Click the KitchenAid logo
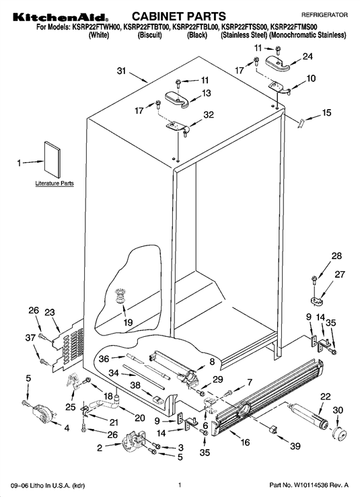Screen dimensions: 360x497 pyautogui.click(x=61, y=17)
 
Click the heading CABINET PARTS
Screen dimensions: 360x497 pyautogui.click(x=178, y=16)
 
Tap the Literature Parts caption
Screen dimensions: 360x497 pyautogui.click(x=55, y=183)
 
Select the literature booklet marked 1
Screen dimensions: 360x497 pyautogui.click(x=52, y=159)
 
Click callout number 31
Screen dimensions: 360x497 pyautogui.click(x=122, y=71)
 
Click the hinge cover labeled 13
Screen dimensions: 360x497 pyautogui.click(x=177, y=98)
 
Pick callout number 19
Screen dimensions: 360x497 pyautogui.click(x=128, y=322)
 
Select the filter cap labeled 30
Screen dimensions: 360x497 pyautogui.click(x=339, y=433)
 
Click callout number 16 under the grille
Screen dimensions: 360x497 pyautogui.click(x=245, y=442)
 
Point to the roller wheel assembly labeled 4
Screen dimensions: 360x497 pyautogui.click(x=42, y=414)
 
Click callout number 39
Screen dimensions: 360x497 pyautogui.click(x=295, y=446)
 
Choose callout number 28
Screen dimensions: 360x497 pyautogui.click(x=336, y=256)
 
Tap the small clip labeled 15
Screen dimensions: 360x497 pyautogui.click(x=300, y=122)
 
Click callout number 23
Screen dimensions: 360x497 pyautogui.click(x=50, y=312)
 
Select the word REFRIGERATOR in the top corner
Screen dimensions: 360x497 pyautogui.click(x=324, y=15)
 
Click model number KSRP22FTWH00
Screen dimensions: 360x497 pyautogui.click(x=96, y=28)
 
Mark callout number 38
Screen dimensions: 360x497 pyautogui.click(x=135, y=385)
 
